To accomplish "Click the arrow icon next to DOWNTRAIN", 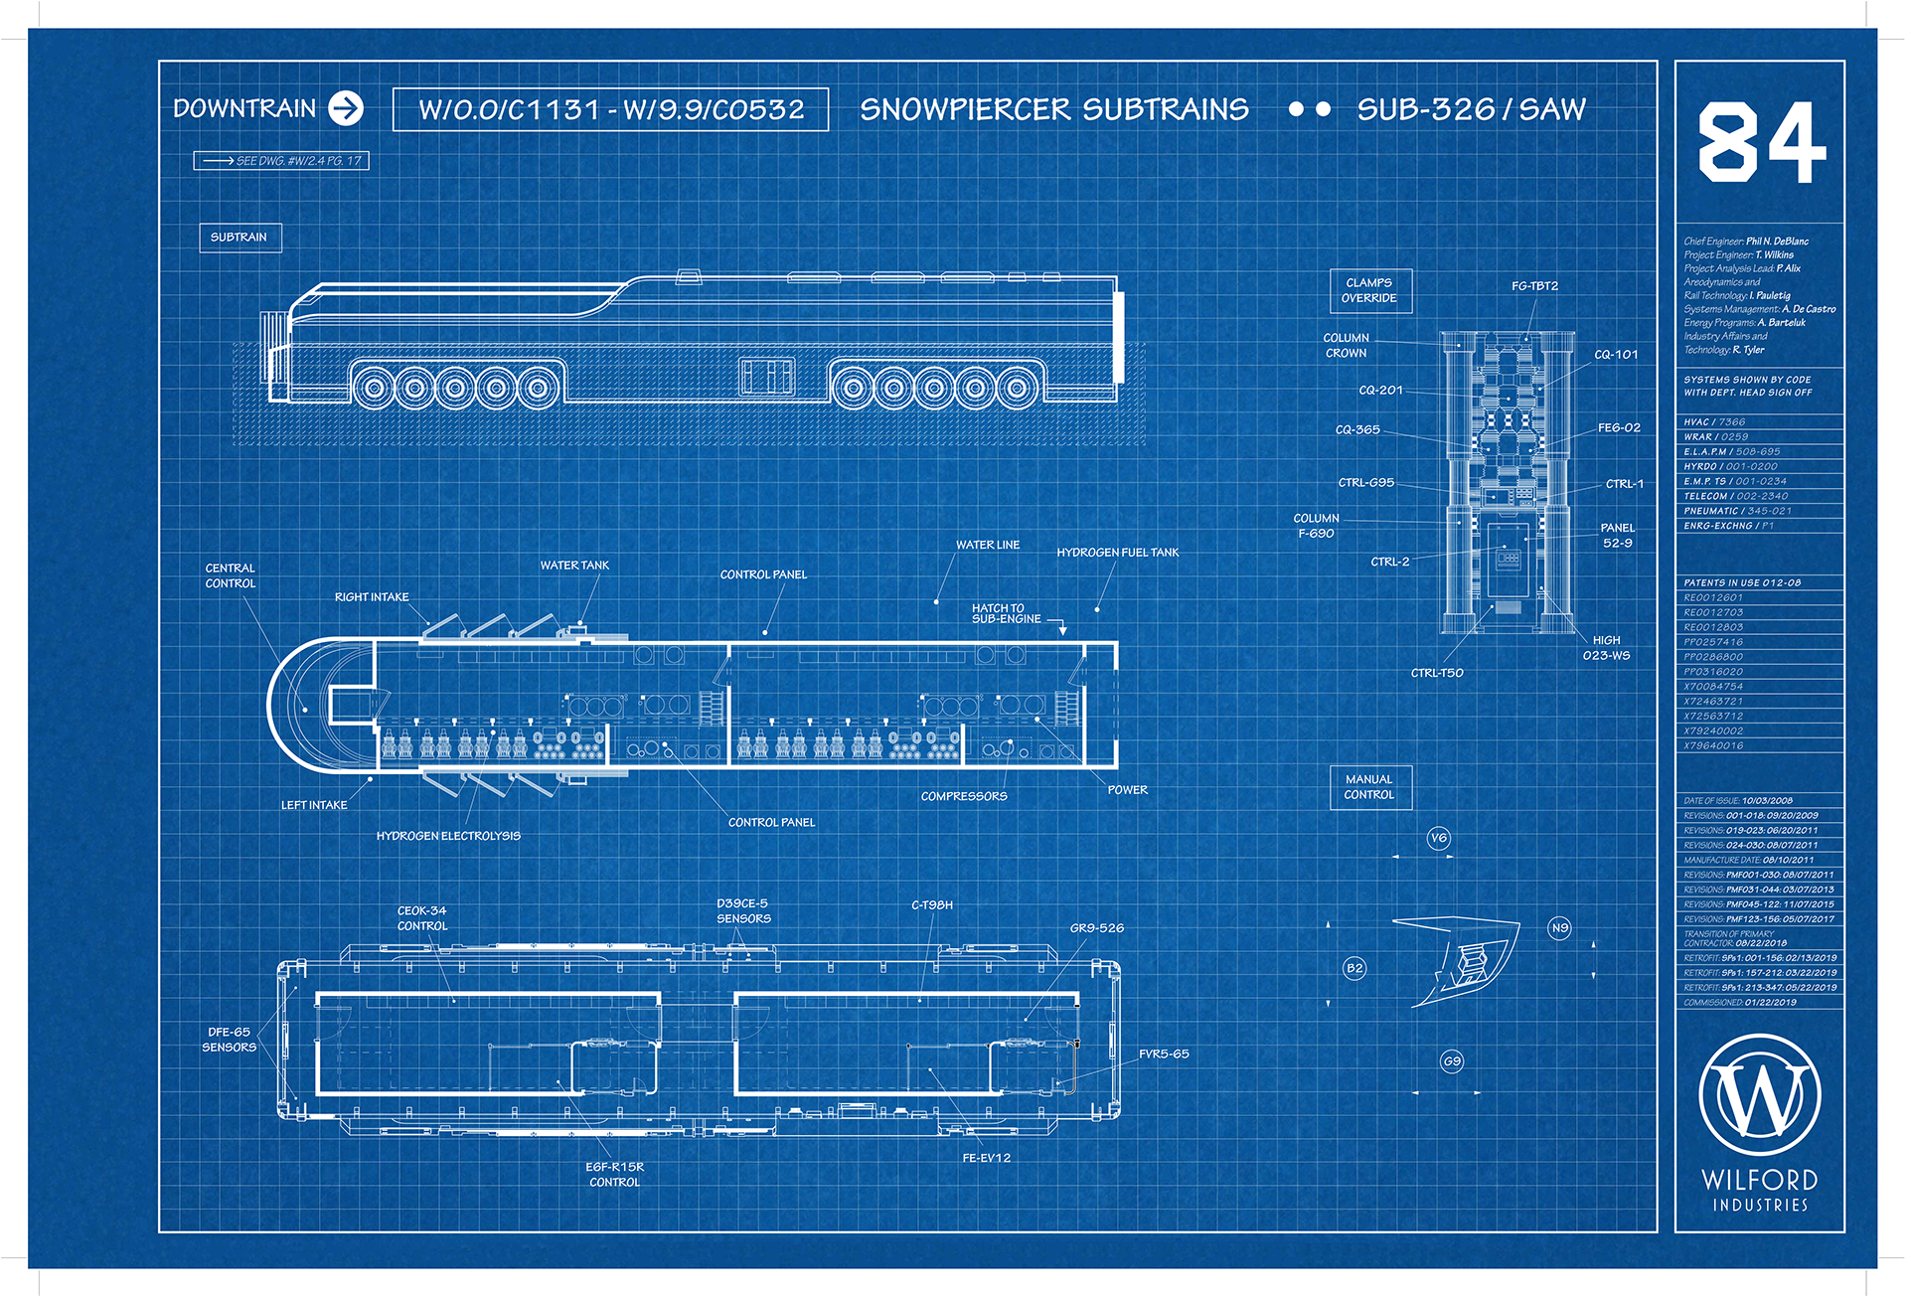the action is click(346, 108).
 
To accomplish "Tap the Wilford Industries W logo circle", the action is click(1760, 1096).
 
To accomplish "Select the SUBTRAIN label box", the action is click(239, 238).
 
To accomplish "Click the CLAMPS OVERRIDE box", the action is click(1370, 291).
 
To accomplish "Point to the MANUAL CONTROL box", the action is click(1370, 787).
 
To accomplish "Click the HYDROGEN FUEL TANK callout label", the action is click(1117, 553).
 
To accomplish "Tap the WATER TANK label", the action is click(574, 566).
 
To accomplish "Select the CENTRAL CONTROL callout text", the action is click(231, 576).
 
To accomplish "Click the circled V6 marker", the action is click(1439, 838).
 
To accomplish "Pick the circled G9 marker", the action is click(1452, 1061).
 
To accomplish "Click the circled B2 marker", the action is click(1354, 968).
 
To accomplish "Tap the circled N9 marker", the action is click(1560, 928).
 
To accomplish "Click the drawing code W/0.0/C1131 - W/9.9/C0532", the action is click(610, 109).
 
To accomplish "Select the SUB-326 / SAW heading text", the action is click(1471, 109).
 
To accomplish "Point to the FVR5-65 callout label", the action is click(1164, 1054).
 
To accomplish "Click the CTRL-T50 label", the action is click(1437, 674).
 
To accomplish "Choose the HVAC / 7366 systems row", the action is click(1714, 422).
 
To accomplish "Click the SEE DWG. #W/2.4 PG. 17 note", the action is click(281, 161).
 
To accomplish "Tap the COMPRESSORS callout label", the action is click(964, 797).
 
